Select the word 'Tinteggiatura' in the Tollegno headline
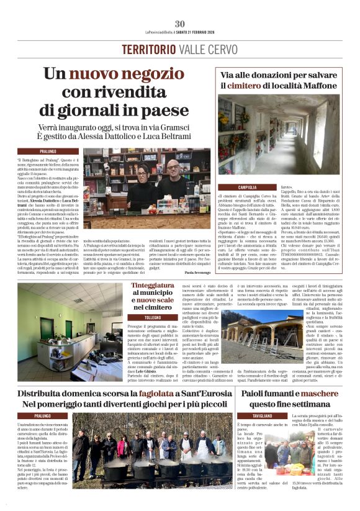(x=152, y=284)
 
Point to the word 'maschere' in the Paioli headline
(x=317, y=394)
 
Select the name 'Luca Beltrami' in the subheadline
(x=170, y=137)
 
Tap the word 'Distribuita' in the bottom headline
(x=48, y=394)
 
